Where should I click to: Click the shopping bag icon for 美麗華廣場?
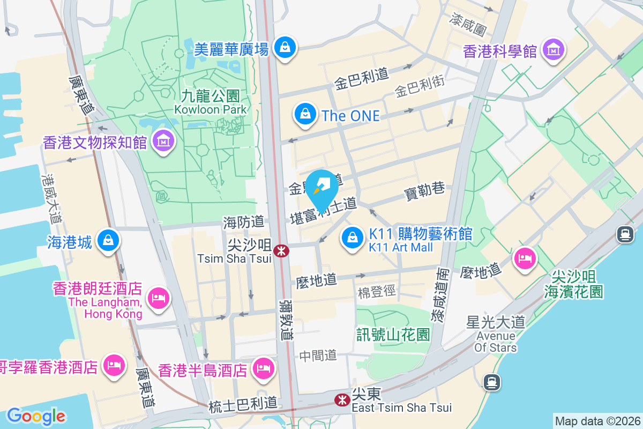[285, 48]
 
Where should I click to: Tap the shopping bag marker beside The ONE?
[305, 114]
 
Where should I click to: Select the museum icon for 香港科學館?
[553, 50]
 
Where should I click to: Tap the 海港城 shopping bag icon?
[109, 241]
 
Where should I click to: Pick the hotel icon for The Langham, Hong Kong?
[158, 297]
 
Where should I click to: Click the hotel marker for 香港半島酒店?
[263, 368]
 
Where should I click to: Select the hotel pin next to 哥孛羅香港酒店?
[113, 366]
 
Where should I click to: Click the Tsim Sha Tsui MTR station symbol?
[280, 250]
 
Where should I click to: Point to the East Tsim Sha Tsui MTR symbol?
[341, 400]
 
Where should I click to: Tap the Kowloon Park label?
[211, 102]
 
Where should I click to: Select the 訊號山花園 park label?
[393, 335]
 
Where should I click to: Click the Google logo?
[36, 416]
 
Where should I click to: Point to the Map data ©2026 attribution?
[597, 421]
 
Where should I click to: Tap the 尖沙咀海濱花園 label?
[574, 284]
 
